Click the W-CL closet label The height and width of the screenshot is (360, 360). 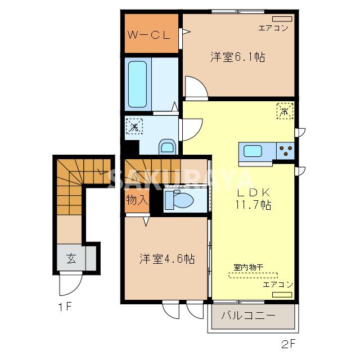coord(148,35)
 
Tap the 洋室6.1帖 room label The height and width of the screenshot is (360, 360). coord(238,57)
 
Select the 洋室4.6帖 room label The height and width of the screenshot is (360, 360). coord(167,259)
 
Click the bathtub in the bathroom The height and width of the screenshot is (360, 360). coord(137,84)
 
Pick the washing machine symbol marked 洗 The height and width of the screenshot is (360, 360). coord(134,127)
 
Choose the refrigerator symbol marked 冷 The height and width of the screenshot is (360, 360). coord(285,110)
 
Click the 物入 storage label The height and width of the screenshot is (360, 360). coord(136,200)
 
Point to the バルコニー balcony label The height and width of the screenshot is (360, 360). coord(248,316)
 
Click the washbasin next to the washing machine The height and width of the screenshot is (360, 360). coord(168,147)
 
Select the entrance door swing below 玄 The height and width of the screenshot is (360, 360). coord(69,285)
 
